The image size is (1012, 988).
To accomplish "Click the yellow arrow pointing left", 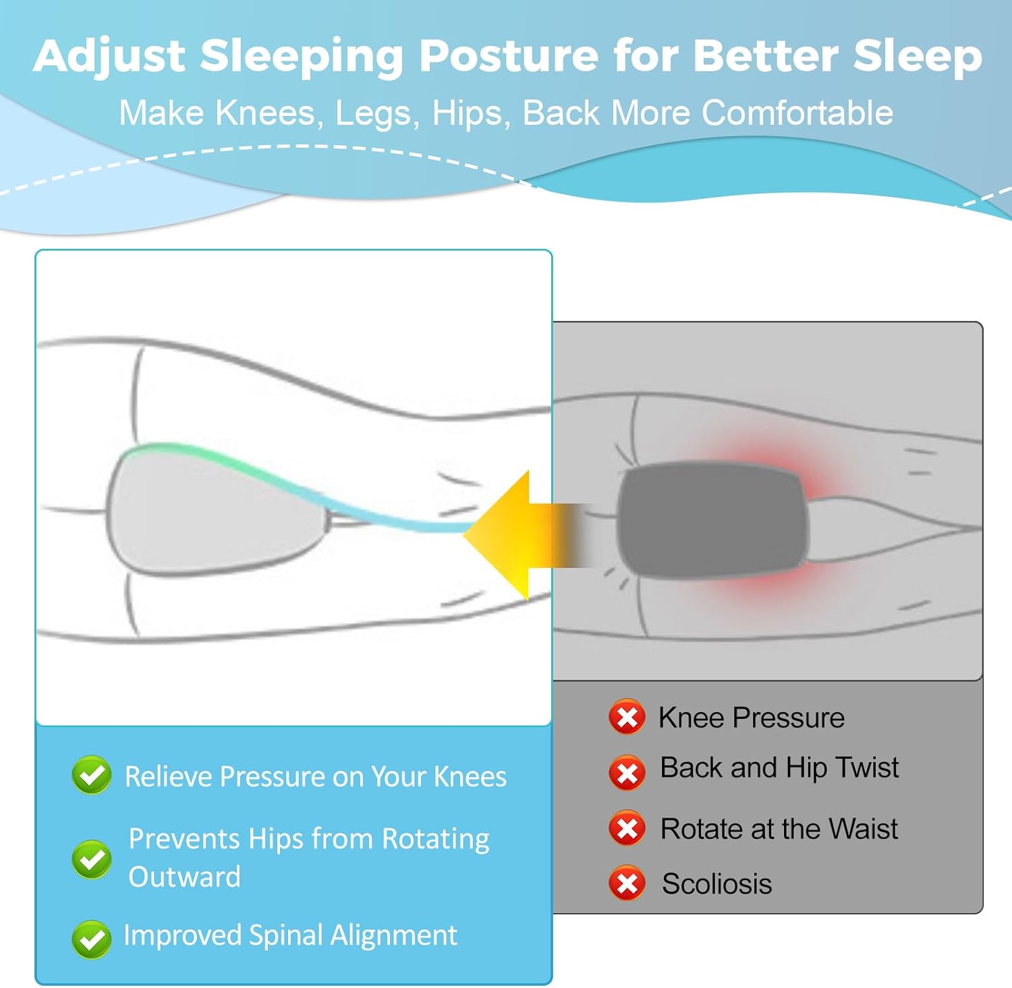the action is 519,535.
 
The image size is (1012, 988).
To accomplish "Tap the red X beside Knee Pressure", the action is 627,717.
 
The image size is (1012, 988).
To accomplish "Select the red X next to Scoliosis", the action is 627,883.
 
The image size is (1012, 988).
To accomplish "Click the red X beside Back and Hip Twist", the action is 627,773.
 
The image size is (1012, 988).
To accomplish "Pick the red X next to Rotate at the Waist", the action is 627,828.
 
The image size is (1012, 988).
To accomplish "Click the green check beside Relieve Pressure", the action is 92,775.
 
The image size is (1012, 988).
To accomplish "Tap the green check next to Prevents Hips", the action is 92,859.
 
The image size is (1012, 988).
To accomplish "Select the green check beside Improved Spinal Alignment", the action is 92,939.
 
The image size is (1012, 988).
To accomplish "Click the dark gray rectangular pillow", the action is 712,520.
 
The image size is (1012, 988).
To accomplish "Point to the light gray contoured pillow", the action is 216,511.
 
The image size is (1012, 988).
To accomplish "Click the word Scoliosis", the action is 716,883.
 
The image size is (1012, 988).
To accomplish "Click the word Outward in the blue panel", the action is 184,877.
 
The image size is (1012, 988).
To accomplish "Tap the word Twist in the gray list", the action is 867,767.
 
